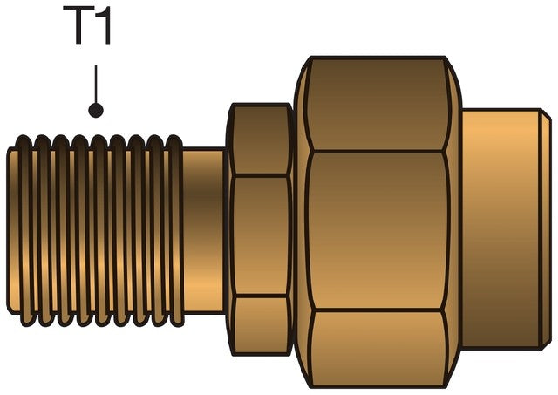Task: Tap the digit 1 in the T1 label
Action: [x=103, y=25]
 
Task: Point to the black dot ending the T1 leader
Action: [x=96, y=110]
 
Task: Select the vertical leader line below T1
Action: [x=96, y=84]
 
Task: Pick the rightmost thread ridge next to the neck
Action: [x=175, y=230]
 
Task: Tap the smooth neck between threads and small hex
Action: [x=203, y=230]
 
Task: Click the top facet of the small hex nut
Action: [x=261, y=140]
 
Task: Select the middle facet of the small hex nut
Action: [x=261, y=235]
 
